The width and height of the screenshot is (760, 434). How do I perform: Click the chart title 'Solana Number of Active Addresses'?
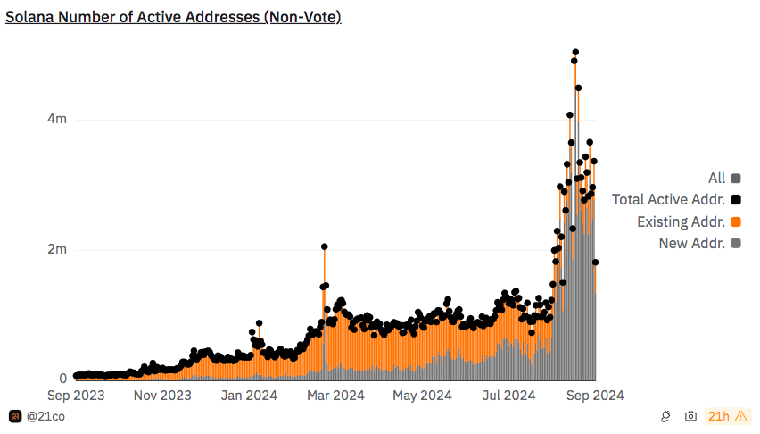pos(173,17)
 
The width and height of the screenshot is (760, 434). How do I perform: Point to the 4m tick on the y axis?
pos(57,120)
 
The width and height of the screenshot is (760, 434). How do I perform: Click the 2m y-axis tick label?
pos(57,249)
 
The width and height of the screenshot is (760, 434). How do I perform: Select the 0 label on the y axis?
pos(62,379)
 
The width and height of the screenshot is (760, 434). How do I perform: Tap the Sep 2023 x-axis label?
pos(77,395)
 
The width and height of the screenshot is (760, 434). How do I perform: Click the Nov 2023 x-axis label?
pos(163,395)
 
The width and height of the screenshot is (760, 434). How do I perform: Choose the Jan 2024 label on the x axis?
pos(248,395)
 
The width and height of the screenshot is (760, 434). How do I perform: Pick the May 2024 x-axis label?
pos(422,395)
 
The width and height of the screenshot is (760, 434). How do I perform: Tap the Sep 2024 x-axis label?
pos(594,395)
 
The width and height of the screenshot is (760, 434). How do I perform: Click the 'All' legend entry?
pos(716,179)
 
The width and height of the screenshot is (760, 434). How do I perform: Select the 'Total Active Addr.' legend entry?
pos(668,200)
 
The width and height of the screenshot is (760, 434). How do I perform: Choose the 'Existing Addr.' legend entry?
pos(681,221)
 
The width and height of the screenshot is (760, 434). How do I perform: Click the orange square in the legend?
pos(737,221)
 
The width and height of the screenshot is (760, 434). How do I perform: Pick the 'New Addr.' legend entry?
pos(691,243)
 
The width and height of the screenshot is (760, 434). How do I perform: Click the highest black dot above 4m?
pos(575,53)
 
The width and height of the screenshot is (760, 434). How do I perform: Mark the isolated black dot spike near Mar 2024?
pos(325,246)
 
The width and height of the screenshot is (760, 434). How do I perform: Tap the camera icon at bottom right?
pos(690,416)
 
